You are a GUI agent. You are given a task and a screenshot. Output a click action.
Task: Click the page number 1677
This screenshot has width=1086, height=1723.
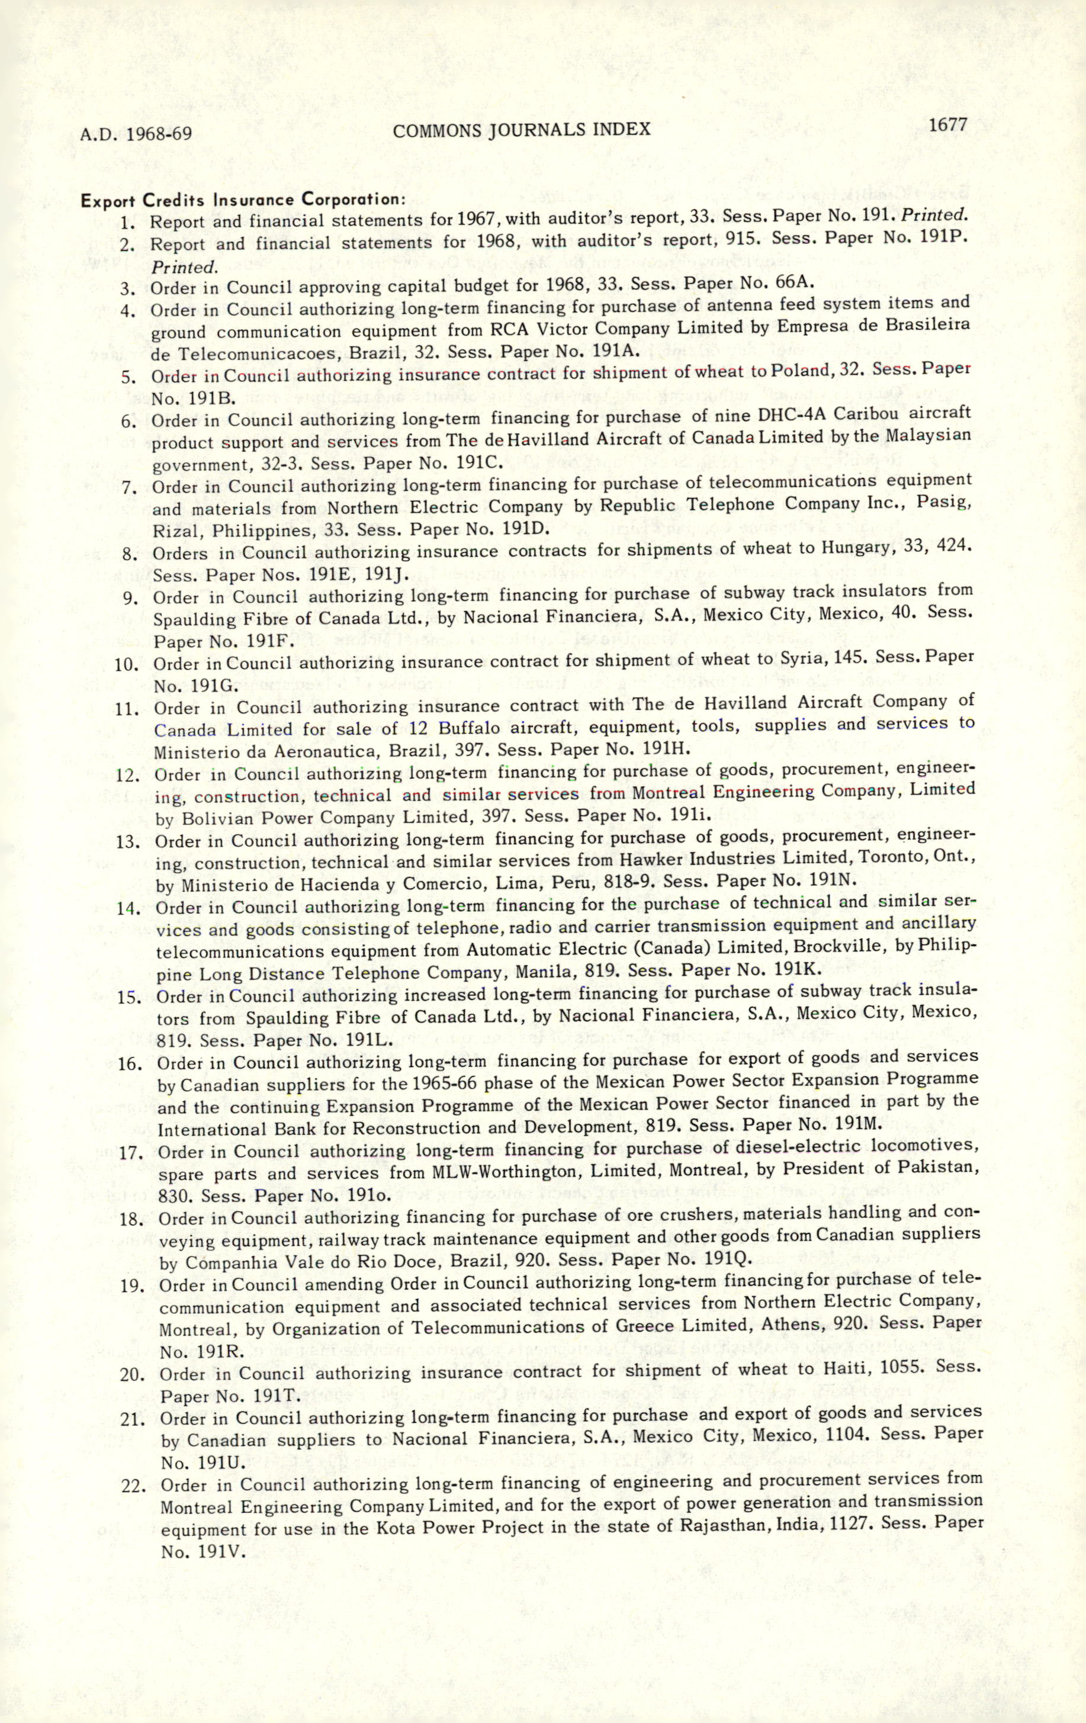click(x=948, y=124)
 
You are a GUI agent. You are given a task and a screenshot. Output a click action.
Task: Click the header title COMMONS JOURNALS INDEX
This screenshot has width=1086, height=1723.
click(x=522, y=130)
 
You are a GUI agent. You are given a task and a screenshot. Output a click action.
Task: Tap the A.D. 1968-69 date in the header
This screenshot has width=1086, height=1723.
click(x=136, y=134)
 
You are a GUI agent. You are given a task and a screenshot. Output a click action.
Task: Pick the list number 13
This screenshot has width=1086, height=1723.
click(x=128, y=841)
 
